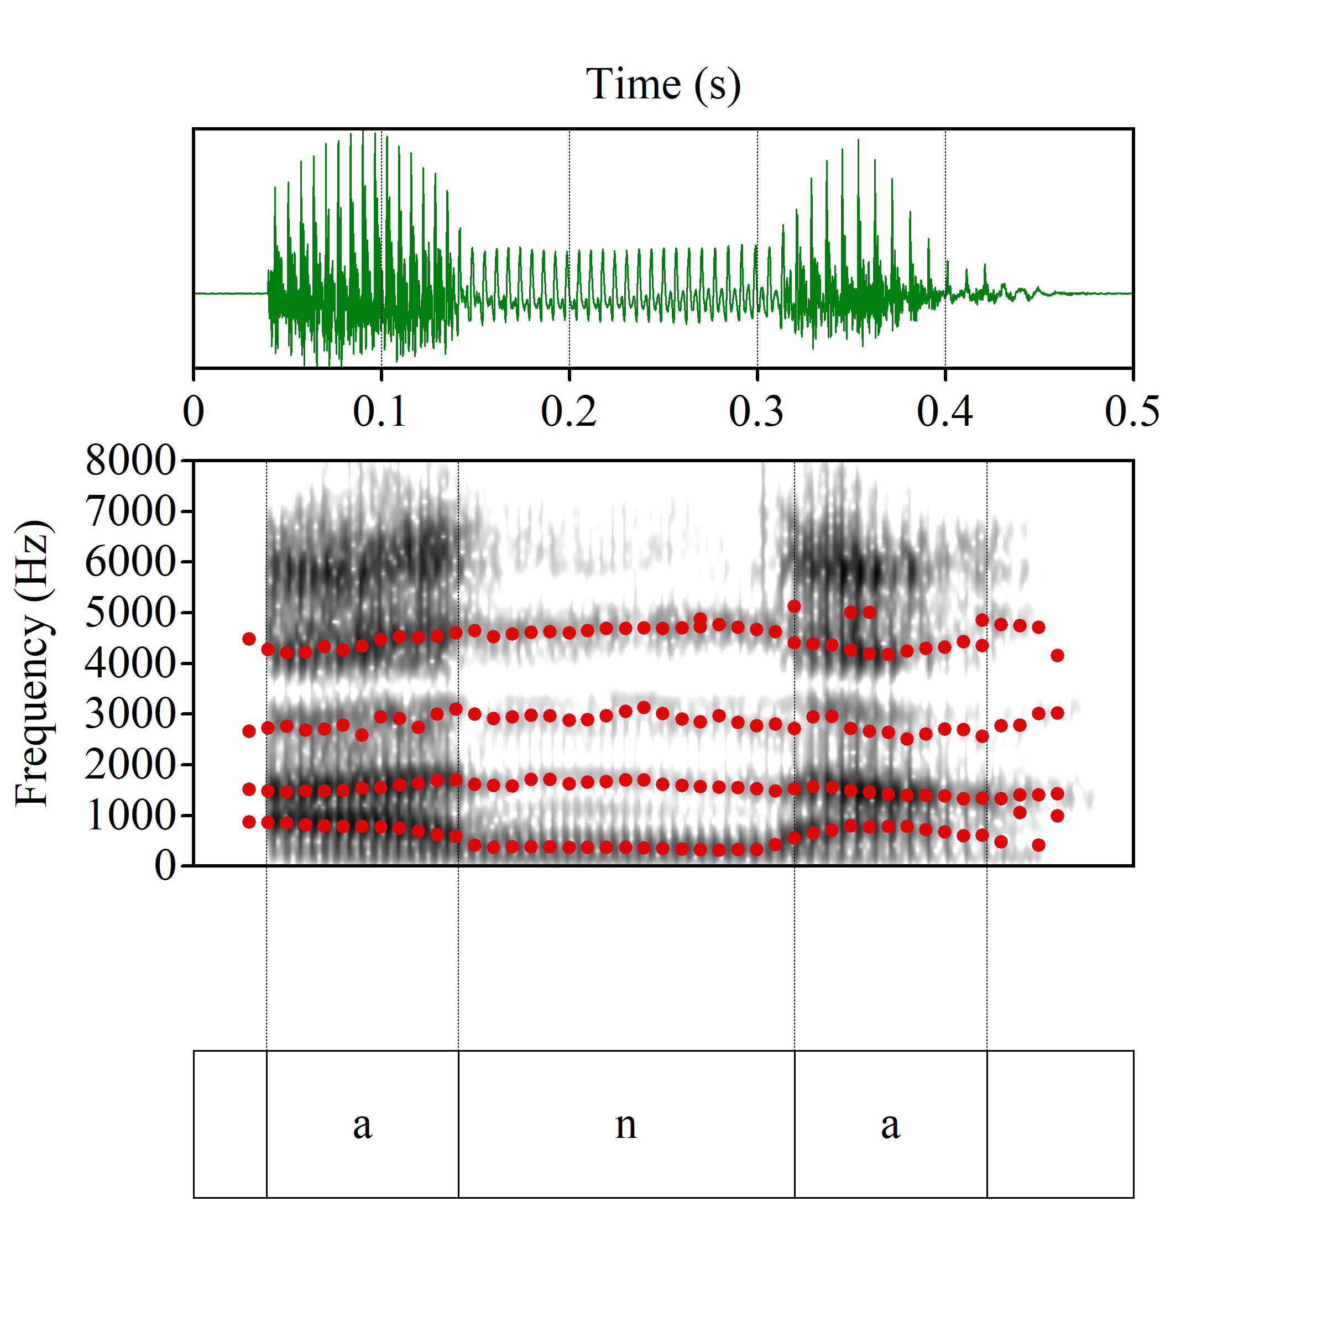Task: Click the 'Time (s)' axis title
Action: [x=663, y=85]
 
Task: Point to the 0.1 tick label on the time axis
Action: [x=380, y=411]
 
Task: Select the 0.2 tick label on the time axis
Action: [x=569, y=411]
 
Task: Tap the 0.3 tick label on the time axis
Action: [x=756, y=411]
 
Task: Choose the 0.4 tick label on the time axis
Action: [x=944, y=411]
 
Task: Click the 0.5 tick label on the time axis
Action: [x=1132, y=411]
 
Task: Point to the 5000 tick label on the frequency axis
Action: [x=130, y=612]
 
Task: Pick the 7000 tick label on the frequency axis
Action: [x=130, y=511]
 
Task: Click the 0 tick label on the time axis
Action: [x=194, y=411]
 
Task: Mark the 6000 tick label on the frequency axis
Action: [x=130, y=562]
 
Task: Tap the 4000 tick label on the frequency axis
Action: [x=130, y=663]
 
